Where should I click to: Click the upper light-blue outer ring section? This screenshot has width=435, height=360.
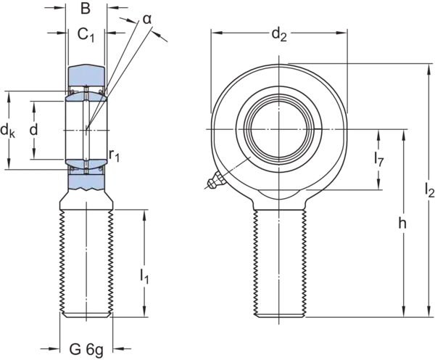pos(86,75)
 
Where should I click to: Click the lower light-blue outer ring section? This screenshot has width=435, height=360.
pos(86,178)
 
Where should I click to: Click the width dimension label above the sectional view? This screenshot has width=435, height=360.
pos(86,9)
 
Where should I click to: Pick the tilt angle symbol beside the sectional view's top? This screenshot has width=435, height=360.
pos(151,20)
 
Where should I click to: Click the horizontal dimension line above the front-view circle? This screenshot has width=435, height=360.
pos(278,33)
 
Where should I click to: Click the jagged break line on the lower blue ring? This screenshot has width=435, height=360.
pos(86,187)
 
